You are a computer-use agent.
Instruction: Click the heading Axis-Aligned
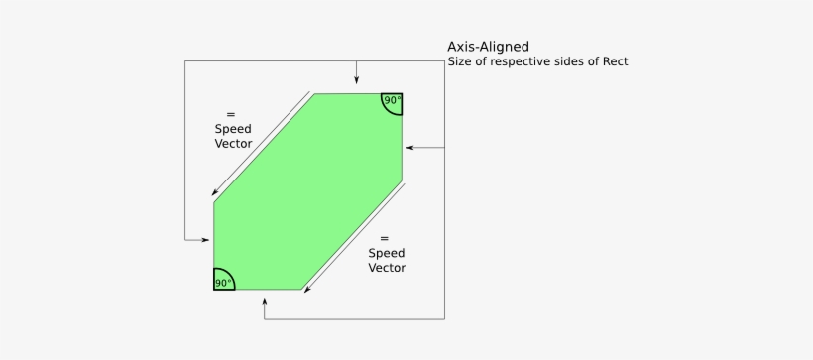pyautogui.click(x=488, y=46)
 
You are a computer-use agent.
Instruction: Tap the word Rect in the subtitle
pyautogui.click(x=615, y=61)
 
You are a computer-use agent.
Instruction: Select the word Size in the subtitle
pyautogui.click(x=460, y=61)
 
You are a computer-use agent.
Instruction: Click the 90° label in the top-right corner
pyautogui.click(x=392, y=100)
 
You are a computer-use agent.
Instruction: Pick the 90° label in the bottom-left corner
pyautogui.click(x=223, y=283)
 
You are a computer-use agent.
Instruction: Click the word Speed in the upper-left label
pyautogui.click(x=233, y=129)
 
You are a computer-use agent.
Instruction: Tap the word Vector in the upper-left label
pyautogui.click(x=233, y=144)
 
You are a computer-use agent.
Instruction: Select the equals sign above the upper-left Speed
pyautogui.click(x=231, y=113)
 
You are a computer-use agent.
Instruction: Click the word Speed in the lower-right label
pyautogui.click(x=386, y=253)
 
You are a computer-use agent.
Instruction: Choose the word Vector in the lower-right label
pyautogui.click(x=386, y=268)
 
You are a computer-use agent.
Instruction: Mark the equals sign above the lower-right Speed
pyautogui.click(x=385, y=238)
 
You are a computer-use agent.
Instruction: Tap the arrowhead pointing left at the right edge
pyautogui.click(x=410, y=147)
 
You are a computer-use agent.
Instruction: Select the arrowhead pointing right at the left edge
pyautogui.click(x=205, y=240)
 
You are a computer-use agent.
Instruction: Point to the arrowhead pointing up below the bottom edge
pyautogui.click(x=265, y=303)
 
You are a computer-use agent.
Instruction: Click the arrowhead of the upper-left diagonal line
pyautogui.click(x=215, y=192)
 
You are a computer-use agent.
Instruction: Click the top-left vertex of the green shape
pyautogui.click(x=315, y=94)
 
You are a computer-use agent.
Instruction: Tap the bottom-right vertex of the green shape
pyautogui.click(x=302, y=290)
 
